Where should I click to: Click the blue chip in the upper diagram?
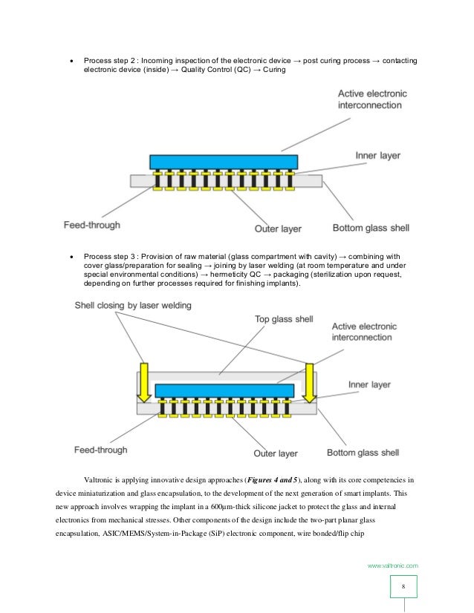(x=224, y=162)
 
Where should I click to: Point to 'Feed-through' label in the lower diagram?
(x=100, y=449)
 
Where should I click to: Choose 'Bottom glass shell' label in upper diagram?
(x=370, y=227)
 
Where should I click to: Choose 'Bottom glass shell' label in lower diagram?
(x=363, y=452)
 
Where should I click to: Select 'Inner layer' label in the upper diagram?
(x=377, y=156)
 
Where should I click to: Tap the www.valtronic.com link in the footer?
(x=393, y=566)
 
